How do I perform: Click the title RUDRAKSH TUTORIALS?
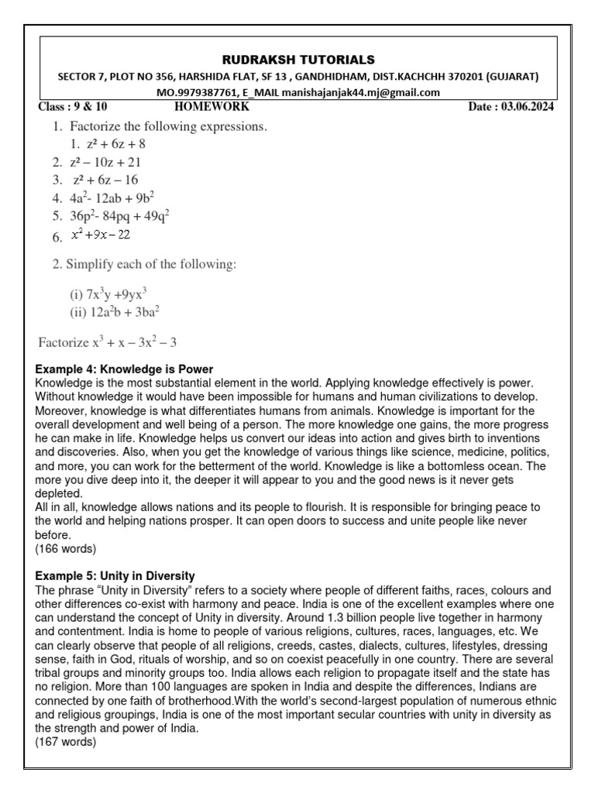coord(298,60)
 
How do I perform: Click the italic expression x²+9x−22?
coord(101,236)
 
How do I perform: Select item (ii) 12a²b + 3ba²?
coord(115,312)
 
